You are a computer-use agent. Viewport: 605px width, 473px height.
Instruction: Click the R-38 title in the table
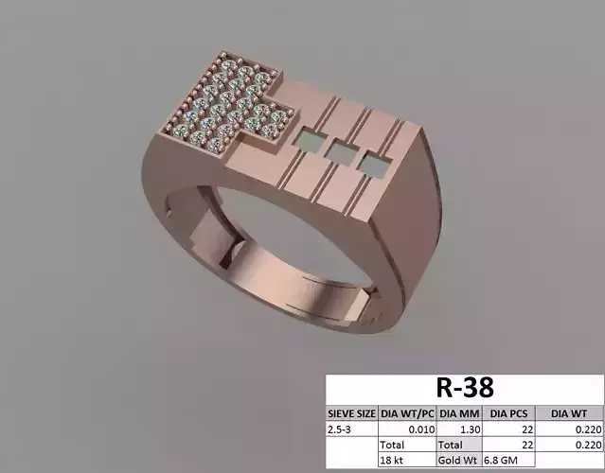(465, 389)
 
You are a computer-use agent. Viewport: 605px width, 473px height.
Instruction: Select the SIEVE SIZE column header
(351, 413)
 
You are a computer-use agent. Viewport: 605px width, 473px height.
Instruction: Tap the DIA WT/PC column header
(407, 413)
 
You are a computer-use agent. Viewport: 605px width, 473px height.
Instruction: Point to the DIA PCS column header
(509, 413)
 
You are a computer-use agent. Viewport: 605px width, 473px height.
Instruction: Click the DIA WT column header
(570, 413)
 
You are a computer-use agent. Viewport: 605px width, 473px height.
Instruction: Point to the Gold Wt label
(458, 459)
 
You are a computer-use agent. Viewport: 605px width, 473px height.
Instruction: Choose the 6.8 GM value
(503, 459)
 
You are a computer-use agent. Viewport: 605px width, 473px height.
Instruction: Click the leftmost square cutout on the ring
(306, 143)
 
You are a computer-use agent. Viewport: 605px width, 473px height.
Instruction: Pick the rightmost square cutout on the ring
(372, 165)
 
